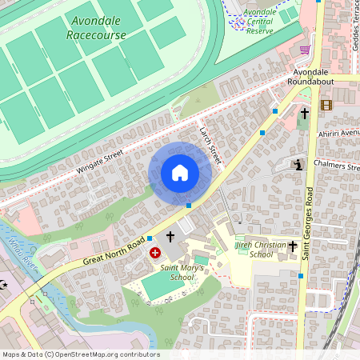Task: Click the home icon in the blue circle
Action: click(x=180, y=172)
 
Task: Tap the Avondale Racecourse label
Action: click(x=95, y=29)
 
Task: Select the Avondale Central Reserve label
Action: click(x=259, y=22)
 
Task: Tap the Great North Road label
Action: click(x=113, y=252)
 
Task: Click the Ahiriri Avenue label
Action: click(x=339, y=133)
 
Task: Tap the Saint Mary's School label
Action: click(x=177, y=272)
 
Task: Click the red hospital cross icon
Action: click(x=154, y=253)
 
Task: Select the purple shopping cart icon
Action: click(x=304, y=49)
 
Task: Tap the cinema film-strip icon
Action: click(x=326, y=105)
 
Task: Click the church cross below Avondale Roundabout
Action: click(x=303, y=114)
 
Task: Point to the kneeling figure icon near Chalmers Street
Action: click(x=298, y=165)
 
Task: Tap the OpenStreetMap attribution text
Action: click(x=80, y=354)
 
